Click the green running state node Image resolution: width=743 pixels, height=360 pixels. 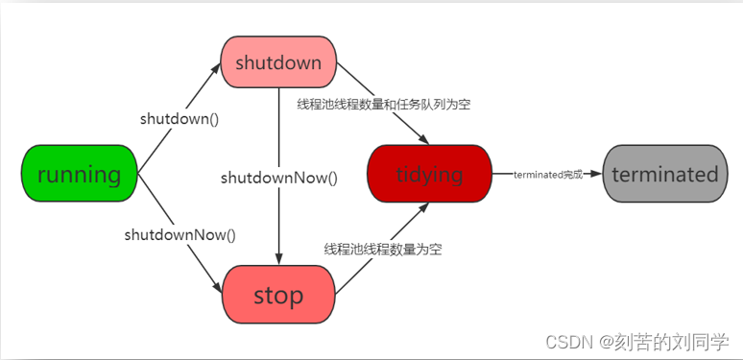click(79, 174)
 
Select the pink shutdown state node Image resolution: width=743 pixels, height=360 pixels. click(278, 62)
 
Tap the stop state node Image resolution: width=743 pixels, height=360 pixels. click(278, 294)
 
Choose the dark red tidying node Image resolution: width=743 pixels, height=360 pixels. click(429, 174)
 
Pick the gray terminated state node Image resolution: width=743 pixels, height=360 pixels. click(664, 174)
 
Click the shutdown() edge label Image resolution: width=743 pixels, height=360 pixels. click(180, 119)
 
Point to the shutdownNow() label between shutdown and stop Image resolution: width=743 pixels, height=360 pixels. click(279, 178)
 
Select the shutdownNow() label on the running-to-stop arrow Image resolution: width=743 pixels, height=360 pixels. click(180, 233)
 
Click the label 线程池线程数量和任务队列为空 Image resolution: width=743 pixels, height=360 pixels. click(383, 104)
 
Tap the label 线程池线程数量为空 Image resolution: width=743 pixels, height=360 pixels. click(383, 249)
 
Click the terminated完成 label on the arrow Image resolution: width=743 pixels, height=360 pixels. click(548, 175)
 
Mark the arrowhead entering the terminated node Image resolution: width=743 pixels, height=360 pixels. click(597, 174)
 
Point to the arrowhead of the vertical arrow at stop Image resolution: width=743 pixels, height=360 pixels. click(278, 260)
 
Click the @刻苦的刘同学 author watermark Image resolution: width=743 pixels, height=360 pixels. click(664, 341)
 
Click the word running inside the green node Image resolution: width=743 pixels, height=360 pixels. click(79, 174)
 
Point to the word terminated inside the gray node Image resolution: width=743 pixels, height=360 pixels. click(664, 174)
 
